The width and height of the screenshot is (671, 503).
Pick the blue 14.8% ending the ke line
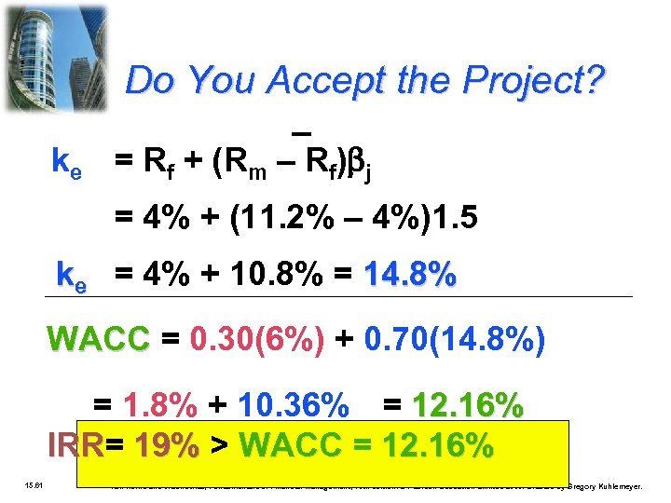tap(411, 276)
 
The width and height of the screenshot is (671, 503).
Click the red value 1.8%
tap(159, 406)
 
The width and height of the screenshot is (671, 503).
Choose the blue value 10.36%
tap(294, 406)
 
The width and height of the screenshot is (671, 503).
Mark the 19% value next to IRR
tap(166, 446)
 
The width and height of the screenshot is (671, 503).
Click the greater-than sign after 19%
tap(220, 446)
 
